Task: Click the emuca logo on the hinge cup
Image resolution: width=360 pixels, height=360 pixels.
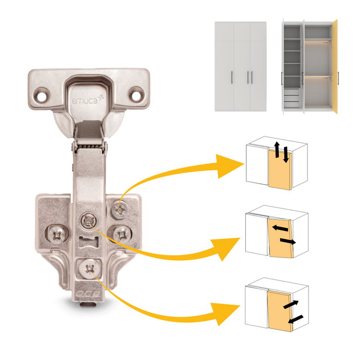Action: (x=87, y=100)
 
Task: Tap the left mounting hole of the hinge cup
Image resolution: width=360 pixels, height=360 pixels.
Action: (x=42, y=96)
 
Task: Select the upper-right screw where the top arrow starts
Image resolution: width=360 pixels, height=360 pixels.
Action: (x=119, y=209)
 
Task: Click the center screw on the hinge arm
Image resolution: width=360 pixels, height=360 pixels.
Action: (x=88, y=221)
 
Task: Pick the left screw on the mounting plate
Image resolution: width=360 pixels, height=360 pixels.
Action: (x=57, y=235)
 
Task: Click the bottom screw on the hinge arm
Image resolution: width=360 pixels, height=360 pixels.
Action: (x=90, y=268)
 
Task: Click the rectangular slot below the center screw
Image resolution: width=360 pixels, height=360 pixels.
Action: (x=88, y=242)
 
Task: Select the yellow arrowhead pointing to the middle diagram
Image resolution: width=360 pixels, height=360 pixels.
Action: (x=225, y=248)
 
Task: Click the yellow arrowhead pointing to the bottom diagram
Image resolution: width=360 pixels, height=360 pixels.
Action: (x=225, y=314)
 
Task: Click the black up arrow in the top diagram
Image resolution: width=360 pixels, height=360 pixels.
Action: (x=277, y=150)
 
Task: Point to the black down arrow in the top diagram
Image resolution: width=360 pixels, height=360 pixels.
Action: (x=285, y=155)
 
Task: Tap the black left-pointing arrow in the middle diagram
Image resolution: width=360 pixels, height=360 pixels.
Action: (x=280, y=228)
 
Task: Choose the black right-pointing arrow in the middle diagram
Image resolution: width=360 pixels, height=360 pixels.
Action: (x=288, y=241)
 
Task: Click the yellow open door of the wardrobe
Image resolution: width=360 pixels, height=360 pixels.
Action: (x=335, y=66)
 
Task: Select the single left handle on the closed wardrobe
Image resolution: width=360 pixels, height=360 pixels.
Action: (x=232, y=78)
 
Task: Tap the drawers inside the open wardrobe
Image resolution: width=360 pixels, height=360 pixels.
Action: (x=292, y=99)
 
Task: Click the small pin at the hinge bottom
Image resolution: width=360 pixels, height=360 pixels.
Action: (x=88, y=304)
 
